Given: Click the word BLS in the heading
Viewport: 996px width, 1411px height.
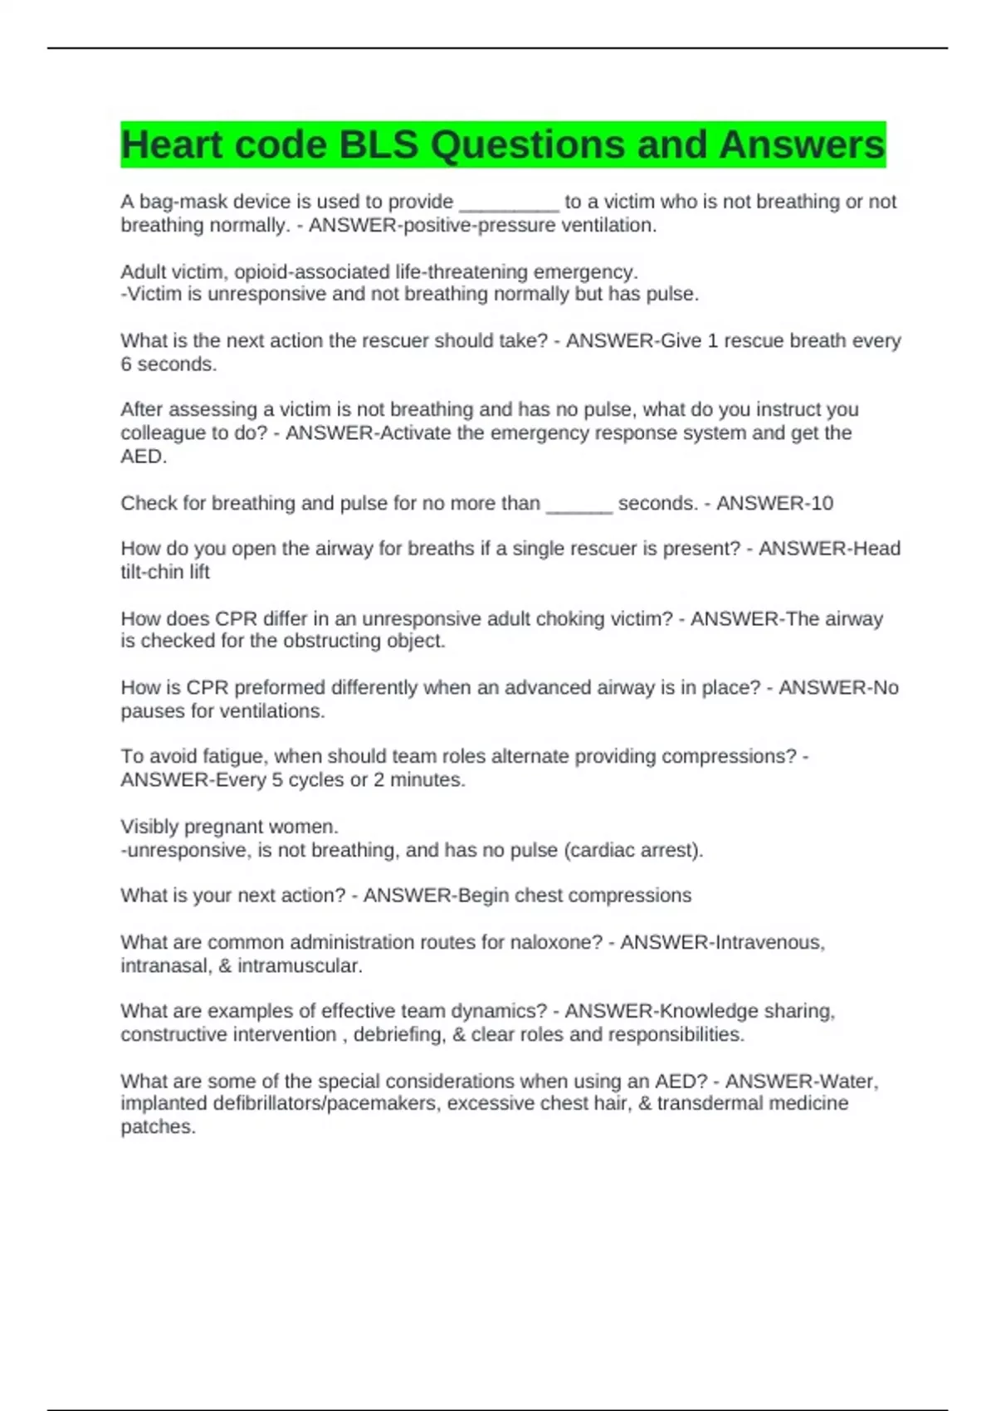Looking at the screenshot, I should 378,145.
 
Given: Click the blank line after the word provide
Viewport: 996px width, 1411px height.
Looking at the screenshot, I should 509,204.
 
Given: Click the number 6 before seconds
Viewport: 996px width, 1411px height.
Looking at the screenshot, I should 126,364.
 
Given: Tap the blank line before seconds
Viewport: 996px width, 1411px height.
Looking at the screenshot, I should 579,505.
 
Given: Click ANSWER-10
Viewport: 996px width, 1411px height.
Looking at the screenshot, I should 774,503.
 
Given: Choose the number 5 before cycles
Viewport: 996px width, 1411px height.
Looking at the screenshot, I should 277,780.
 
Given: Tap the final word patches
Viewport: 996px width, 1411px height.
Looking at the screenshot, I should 158,1127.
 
